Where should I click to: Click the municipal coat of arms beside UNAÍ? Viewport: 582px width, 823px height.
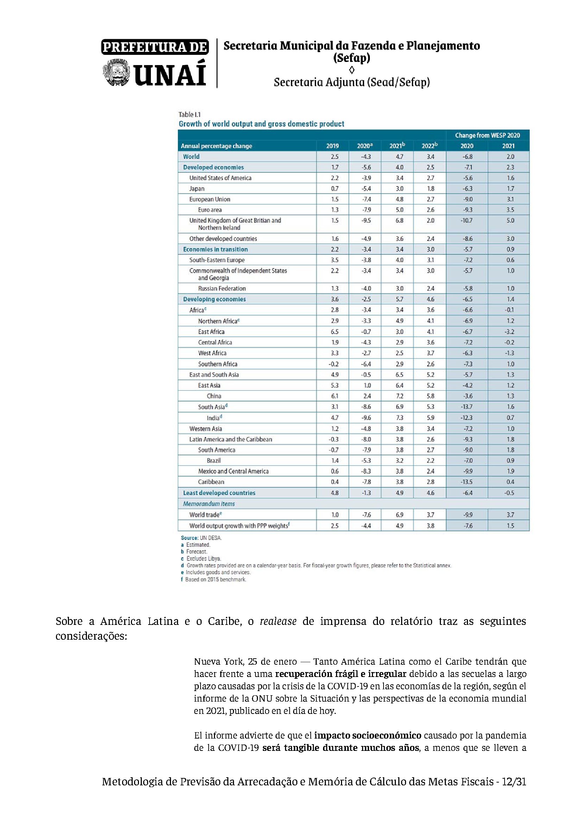pos(116,73)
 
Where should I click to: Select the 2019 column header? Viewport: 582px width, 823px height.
pos(332,146)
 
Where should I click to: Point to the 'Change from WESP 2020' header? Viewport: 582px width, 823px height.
pos(487,135)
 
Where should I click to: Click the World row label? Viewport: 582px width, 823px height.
pos(191,157)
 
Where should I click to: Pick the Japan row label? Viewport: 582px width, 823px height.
pos(197,189)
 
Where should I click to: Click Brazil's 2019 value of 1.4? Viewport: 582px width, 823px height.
pos(334,461)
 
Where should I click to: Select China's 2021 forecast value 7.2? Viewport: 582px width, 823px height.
pos(399,396)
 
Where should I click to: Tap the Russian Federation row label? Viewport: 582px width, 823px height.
pos(222,289)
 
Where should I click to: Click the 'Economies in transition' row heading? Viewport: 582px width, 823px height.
pos(215,249)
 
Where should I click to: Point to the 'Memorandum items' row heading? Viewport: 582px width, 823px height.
pos(209,504)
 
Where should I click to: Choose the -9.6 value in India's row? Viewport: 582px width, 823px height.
pos(366,418)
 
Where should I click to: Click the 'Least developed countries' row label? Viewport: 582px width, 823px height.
pos(219,493)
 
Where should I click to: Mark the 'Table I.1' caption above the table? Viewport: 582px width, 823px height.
pos(190,115)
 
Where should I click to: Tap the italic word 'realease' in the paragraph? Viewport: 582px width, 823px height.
pos(278,621)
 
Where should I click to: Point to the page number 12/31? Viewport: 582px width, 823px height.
pos(513,782)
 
